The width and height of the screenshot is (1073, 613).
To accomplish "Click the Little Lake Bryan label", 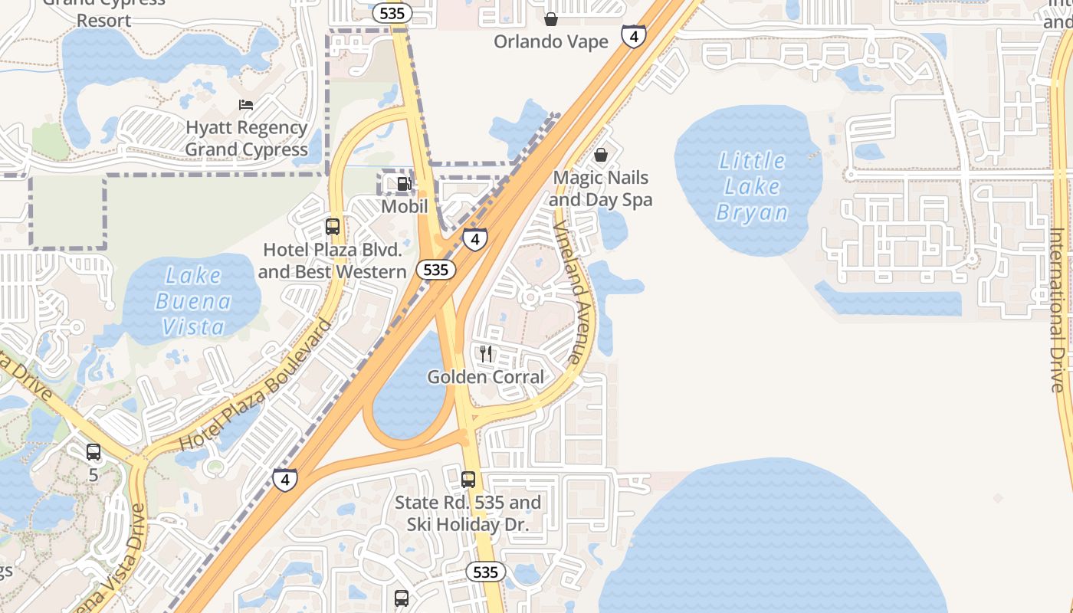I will (x=751, y=186).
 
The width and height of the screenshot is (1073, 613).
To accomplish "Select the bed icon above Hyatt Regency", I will (x=246, y=105).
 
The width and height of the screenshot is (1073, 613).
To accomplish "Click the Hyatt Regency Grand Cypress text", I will (x=246, y=139).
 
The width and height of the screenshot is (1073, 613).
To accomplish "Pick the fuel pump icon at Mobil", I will (x=404, y=184).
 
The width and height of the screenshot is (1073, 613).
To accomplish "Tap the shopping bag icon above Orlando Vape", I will (x=550, y=19).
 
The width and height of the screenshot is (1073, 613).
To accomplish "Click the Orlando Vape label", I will (x=550, y=41).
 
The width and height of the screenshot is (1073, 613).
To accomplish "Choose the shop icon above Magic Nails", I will (x=602, y=156).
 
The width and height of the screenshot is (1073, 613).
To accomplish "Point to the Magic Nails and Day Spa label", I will (x=601, y=189).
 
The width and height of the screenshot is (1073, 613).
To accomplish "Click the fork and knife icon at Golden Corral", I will (x=486, y=353).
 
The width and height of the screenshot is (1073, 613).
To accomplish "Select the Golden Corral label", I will (x=485, y=377).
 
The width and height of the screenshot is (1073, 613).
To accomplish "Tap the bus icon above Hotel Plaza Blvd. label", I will (x=333, y=227).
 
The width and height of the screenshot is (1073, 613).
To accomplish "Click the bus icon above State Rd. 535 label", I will (x=468, y=480).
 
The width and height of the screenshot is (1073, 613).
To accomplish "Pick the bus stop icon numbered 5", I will (x=94, y=452).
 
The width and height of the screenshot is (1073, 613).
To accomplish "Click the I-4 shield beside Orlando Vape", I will (x=633, y=36).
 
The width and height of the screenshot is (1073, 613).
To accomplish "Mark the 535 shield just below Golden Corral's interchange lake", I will (x=485, y=572).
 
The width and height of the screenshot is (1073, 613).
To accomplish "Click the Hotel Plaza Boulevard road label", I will (x=256, y=385).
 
